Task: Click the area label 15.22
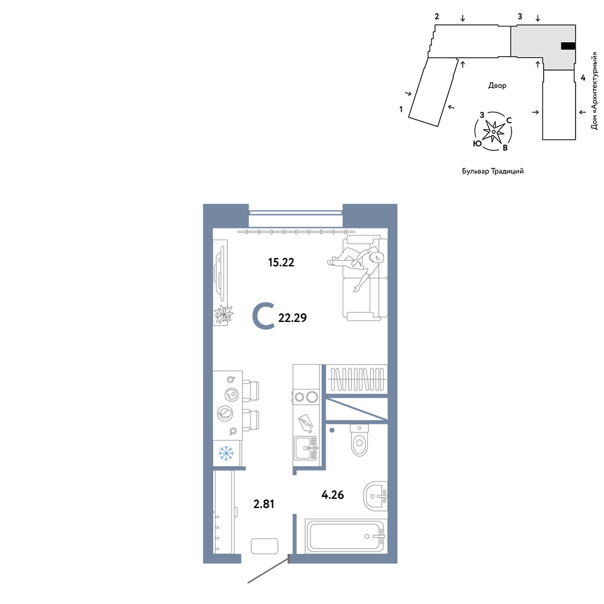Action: (x=281, y=262)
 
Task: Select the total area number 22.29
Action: (x=292, y=318)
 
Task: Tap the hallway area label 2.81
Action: (x=264, y=504)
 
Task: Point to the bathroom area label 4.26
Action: (x=332, y=495)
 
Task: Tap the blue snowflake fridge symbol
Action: (x=226, y=453)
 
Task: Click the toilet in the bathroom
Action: (x=359, y=440)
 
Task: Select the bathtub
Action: (x=346, y=536)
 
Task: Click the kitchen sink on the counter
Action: (x=306, y=448)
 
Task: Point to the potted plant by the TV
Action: (x=224, y=314)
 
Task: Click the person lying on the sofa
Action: (x=356, y=265)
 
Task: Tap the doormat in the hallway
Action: (x=265, y=546)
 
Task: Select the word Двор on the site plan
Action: (x=497, y=86)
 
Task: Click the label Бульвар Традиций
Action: (x=493, y=171)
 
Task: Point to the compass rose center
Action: (x=493, y=132)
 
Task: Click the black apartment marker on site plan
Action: (x=568, y=47)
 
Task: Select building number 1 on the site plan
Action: (x=401, y=109)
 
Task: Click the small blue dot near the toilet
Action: (x=332, y=430)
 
